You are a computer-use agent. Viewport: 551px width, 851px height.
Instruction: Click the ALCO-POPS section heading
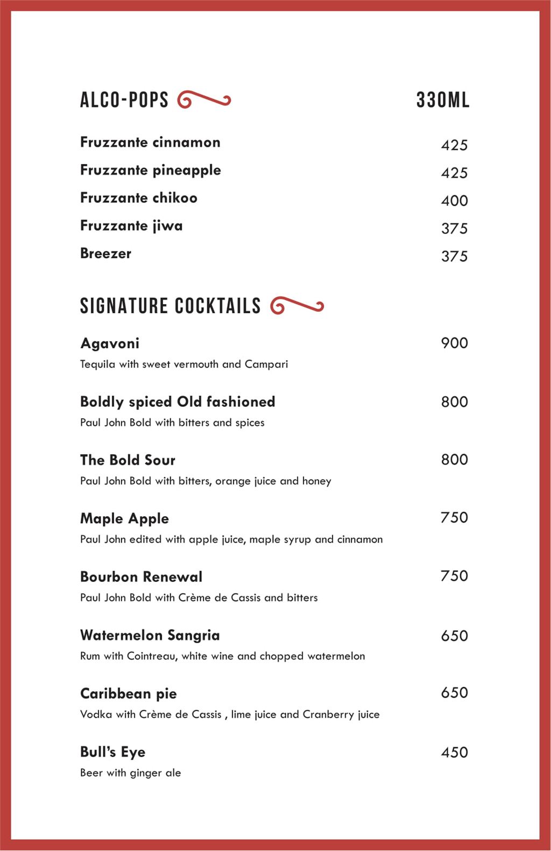point(124,100)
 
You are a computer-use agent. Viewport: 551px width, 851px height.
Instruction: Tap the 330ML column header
point(442,100)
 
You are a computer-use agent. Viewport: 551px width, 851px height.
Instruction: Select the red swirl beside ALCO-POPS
point(204,100)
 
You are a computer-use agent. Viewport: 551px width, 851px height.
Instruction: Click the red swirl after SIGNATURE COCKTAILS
point(297,306)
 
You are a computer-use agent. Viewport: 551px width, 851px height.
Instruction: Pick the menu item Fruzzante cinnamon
point(150,143)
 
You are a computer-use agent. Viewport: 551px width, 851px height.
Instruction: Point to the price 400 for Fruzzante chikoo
point(454,201)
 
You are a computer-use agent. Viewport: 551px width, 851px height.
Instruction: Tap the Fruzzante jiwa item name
point(131,226)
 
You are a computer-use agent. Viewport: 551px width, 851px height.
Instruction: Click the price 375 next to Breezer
point(454,256)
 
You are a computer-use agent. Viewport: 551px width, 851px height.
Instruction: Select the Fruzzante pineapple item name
point(150,170)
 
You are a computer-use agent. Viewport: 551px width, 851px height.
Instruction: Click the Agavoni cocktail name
point(110,343)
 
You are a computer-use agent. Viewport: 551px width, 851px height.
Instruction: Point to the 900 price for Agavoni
point(454,343)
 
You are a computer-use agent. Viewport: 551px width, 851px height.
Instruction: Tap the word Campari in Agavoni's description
point(266,364)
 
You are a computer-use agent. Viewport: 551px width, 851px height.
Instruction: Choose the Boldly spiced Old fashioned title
point(178,402)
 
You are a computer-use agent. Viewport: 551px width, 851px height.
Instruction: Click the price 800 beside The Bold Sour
point(454,460)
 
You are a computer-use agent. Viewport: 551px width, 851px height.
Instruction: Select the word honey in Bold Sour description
point(316,481)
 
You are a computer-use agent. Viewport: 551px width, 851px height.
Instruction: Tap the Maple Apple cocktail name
point(124,519)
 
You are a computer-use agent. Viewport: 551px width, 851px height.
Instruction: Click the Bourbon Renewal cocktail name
point(141,577)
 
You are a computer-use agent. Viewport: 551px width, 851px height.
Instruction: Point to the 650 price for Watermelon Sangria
point(454,636)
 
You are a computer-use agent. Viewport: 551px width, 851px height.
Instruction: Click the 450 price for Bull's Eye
point(454,752)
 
